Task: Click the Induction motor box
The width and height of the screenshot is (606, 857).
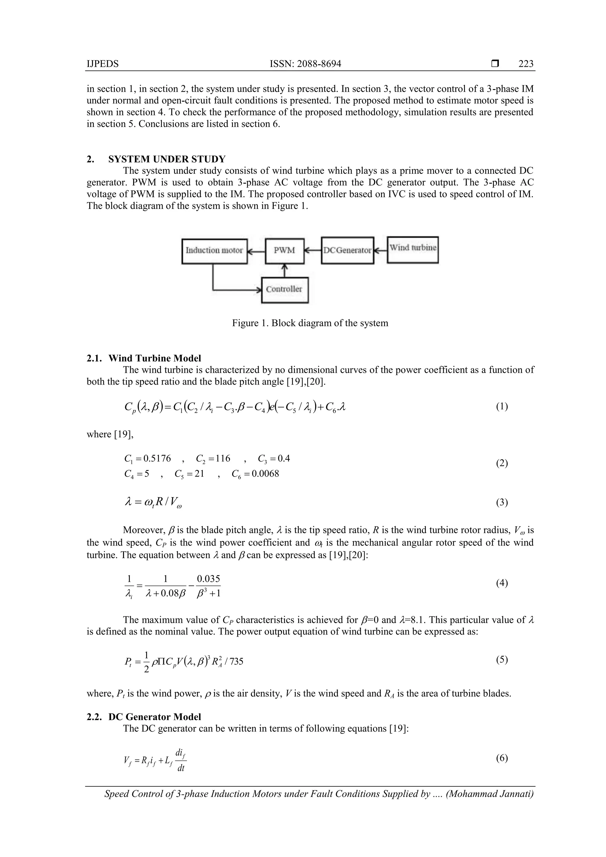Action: click(214, 251)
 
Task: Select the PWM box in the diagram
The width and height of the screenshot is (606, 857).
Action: click(285, 251)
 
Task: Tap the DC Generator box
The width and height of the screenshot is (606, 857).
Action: click(347, 251)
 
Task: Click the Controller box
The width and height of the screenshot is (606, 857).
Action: click(285, 290)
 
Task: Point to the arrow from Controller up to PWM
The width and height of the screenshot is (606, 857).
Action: click(285, 270)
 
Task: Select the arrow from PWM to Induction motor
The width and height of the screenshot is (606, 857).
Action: click(256, 251)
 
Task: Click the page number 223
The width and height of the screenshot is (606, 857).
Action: click(526, 64)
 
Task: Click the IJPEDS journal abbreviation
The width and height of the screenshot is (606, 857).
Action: click(103, 64)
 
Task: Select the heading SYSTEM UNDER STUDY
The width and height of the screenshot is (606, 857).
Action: click(167, 159)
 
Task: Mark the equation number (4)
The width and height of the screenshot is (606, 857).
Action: click(502, 583)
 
